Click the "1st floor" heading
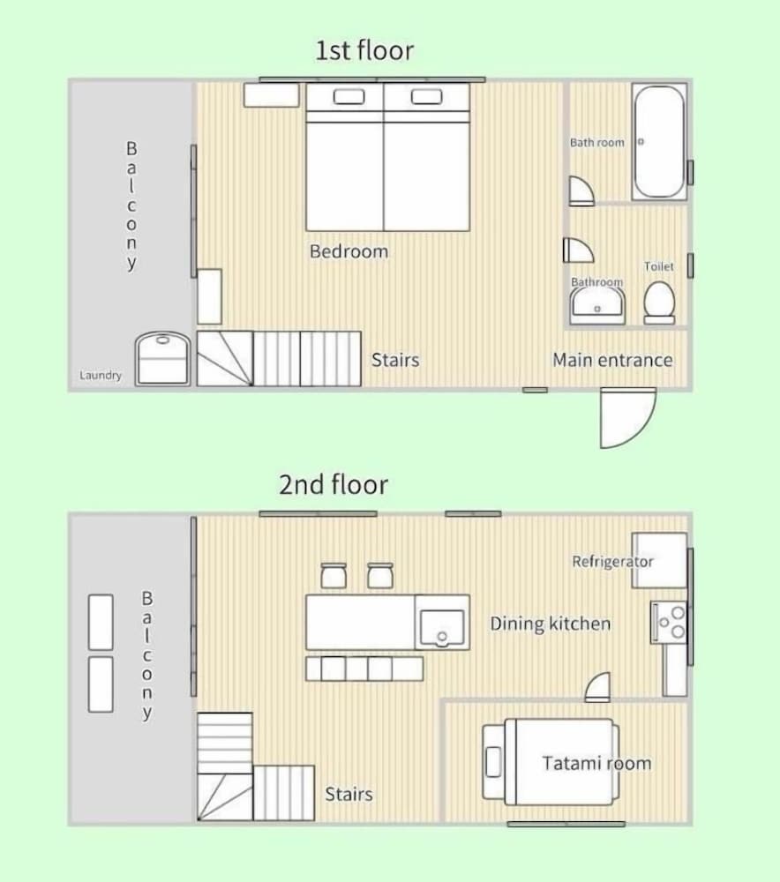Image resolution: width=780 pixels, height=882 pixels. [364, 50]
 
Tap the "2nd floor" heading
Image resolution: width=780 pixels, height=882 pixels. [334, 484]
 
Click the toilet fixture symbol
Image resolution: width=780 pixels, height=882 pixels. [659, 303]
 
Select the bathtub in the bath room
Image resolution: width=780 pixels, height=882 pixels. [659, 142]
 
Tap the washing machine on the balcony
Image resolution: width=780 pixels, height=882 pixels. [162, 358]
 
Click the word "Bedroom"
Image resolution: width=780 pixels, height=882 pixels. [349, 250]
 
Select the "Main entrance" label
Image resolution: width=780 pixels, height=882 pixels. [612, 360]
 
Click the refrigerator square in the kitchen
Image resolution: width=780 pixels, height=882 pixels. [660, 560]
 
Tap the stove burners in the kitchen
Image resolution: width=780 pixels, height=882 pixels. [669, 622]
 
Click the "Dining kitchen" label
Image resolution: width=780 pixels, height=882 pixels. [550, 624]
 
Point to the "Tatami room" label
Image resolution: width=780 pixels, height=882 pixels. [596, 763]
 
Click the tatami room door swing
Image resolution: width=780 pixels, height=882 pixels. [597, 687]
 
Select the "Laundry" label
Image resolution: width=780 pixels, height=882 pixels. [101, 375]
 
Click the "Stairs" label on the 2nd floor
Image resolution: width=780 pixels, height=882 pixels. [349, 795]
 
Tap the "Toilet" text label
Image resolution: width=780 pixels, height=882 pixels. [659, 266]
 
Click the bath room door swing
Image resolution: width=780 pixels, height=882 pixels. [581, 191]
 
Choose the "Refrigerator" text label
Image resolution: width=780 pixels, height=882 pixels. [612, 561]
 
